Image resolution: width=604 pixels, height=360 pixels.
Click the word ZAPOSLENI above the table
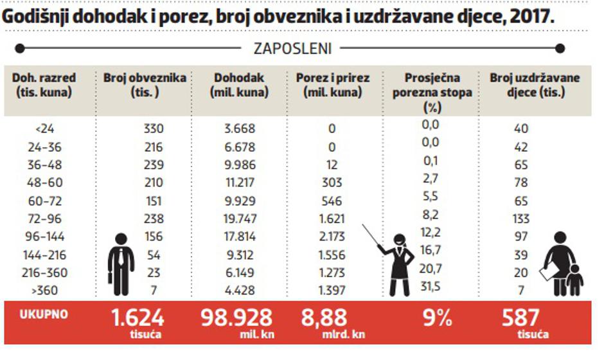pos(292,48)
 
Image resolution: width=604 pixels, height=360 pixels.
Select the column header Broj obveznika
pos(145,85)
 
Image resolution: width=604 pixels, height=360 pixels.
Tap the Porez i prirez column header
pos(332,85)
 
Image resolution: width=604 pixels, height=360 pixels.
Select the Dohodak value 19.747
pos(240,219)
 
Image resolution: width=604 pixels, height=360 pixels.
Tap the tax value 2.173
pos(332,237)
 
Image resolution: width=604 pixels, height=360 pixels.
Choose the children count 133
pos(521,219)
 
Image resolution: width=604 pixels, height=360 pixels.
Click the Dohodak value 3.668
pos(240,129)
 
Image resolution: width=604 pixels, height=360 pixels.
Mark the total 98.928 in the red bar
pos(237,318)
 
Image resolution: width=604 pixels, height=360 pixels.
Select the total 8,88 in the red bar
pos(324,318)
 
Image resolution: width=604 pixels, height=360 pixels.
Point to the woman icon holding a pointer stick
pos(398,264)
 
